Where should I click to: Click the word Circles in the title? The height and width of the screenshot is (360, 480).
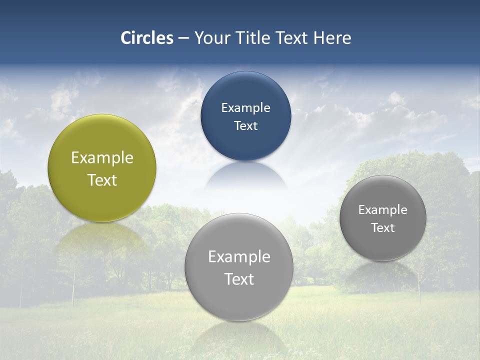pyautogui.click(x=146, y=38)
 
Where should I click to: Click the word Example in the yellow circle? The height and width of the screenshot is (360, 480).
pyautogui.click(x=102, y=158)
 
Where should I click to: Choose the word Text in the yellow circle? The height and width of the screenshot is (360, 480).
pyautogui.click(x=102, y=180)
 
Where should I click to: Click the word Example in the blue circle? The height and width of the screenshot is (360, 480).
pyautogui.click(x=245, y=108)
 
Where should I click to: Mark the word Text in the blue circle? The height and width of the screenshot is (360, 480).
pyautogui.click(x=245, y=126)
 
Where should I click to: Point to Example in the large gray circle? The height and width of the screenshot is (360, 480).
pyautogui.click(x=239, y=257)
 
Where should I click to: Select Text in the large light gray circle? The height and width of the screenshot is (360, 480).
pyautogui.click(x=239, y=279)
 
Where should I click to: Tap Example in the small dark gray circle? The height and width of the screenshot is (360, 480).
pyautogui.click(x=383, y=210)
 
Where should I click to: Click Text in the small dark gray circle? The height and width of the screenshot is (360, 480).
pyautogui.click(x=383, y=228)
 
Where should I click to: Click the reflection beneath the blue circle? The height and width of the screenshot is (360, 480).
pyautogui.click(x=245, y=175)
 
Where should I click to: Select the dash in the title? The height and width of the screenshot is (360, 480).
pyautogui.click(x=183, y=38)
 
